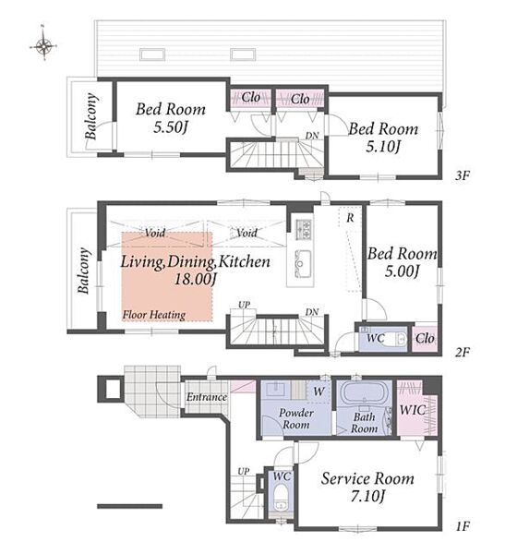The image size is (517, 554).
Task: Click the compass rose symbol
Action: pos(43,45)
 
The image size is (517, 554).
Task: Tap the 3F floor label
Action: pos(463,175)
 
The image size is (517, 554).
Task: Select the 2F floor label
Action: pos(463,352)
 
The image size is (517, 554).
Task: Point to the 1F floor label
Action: pos(463,527)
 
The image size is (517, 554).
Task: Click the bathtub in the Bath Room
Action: pos(364,392)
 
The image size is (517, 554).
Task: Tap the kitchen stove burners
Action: pos(303,227)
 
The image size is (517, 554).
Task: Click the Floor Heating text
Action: pos(154,315)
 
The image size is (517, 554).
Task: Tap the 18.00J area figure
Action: pos(196,279)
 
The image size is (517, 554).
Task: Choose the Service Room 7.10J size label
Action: pos(367,496)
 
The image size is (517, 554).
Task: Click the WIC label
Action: pos(412,410)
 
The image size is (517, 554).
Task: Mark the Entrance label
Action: pos(207,397)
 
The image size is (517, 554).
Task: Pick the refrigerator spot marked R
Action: pos(350,218)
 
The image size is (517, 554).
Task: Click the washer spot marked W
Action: pos(319,391)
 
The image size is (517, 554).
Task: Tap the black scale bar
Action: pos(129,506)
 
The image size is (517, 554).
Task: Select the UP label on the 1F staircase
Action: pos(244,471)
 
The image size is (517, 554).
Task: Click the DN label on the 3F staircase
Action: pos(312,136)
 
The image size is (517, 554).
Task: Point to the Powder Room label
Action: pos(296,418)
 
